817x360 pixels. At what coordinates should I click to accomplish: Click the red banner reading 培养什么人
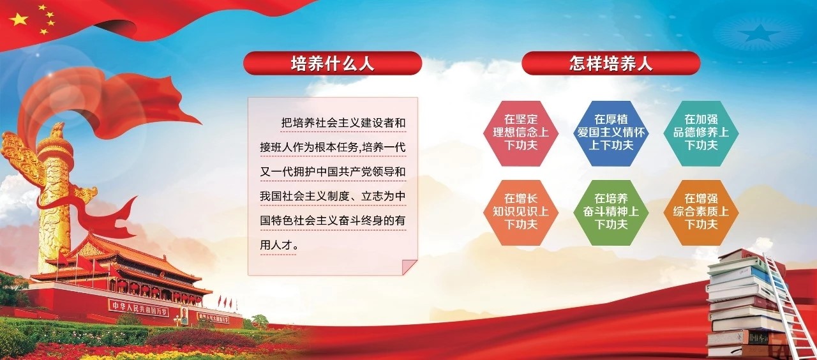click(x=333, y=63)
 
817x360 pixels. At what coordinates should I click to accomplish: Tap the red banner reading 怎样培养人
click(x=611, y=63)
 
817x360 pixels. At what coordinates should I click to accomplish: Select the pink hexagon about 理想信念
click(x=521, y=133)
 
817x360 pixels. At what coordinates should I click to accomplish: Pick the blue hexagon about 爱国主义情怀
click(x=611, y=133)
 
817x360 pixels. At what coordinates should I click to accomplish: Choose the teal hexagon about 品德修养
click(x=701, y=133)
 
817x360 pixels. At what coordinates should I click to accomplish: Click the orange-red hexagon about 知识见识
click(x=521, y=213)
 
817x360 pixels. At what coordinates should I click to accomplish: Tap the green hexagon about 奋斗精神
click(x=611, y=213)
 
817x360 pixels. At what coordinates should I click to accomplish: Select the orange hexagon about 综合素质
click(x=701, y=213)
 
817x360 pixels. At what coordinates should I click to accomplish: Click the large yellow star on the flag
click(x=19, y=19)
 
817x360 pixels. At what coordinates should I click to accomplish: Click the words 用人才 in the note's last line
click(x=276, y=245)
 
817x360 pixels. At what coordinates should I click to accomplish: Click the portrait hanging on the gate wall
click(x=185, y=316)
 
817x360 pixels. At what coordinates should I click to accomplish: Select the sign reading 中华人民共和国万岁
click(x=139, y=308)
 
